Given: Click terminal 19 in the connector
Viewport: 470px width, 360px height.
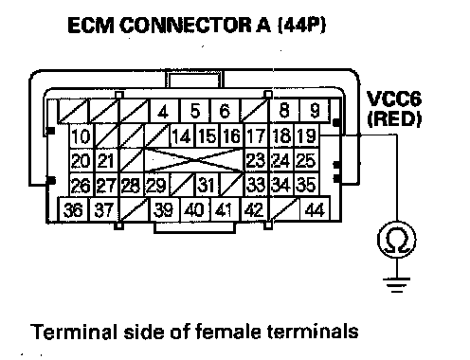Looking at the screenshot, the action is coord(307,135).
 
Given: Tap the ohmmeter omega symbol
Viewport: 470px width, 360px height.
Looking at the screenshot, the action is coord(397,240).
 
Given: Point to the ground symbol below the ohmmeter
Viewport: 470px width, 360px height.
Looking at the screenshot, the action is coord(397,285).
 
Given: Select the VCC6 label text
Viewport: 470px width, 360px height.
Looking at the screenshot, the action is coord(394,99).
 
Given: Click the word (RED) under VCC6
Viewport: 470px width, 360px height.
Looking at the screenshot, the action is coord(394,119).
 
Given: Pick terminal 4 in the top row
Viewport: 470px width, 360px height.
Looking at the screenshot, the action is coord(163,111).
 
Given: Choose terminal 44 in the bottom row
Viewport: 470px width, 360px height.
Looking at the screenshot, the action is coord(315,209).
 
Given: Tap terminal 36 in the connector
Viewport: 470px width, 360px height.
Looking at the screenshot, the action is coord(74,209).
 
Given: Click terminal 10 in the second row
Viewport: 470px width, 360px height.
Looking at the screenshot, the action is coord(81,136).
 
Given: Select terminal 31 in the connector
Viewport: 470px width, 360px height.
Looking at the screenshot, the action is coord(207,185).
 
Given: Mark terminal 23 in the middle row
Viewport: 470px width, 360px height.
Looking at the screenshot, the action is coord(256,160).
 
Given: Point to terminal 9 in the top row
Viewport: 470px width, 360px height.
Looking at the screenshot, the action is coord(315,110).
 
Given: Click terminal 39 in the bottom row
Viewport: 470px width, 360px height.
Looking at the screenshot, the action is coord(163,209).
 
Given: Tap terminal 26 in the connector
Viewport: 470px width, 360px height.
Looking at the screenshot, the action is coord(81,185).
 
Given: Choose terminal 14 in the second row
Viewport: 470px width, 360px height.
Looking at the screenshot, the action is coord(182,136).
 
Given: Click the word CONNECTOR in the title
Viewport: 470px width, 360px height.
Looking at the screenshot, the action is coord(186,26).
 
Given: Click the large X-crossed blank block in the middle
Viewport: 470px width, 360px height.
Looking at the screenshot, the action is coord(194,161).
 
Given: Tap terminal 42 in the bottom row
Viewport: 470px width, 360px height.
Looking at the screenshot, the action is coord(254,209).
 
